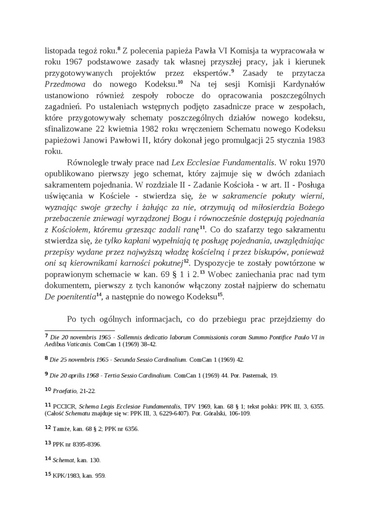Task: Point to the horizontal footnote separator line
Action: coord(73,330)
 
